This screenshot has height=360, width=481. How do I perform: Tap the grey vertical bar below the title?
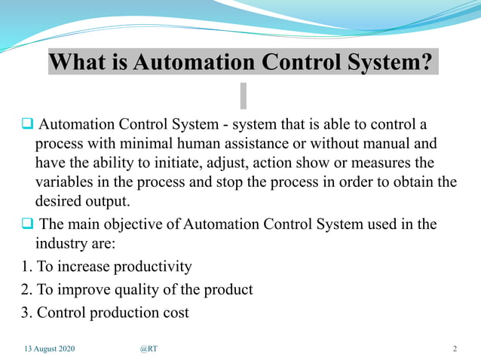pos(243,95)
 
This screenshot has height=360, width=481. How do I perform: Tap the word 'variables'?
pos(65,182)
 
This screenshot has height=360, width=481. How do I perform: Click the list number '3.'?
pos(9,311)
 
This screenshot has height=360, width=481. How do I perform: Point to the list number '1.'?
pos(9,267)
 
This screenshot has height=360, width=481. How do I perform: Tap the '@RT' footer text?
pos(148,349)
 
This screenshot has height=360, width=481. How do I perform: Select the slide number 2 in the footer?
pos(455,349)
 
